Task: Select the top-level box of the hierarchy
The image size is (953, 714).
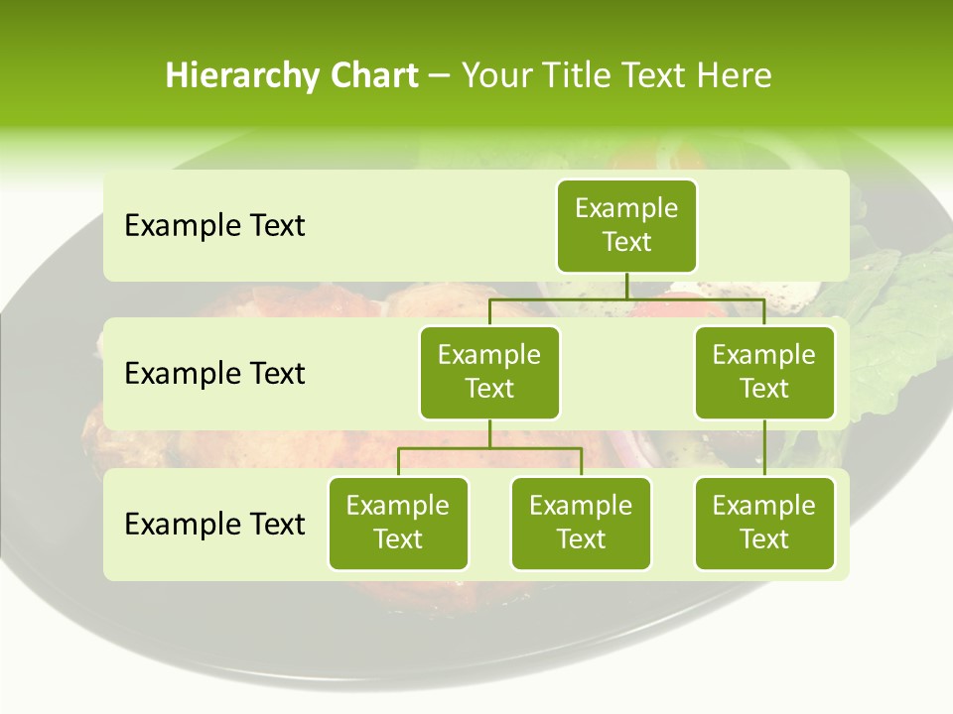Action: click(x=626, y=225)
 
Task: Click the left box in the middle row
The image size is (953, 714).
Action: click(x=489, y=372)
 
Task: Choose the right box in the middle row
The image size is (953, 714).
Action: click(x=764, y=372)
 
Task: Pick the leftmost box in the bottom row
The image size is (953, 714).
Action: click(x=398, y=523)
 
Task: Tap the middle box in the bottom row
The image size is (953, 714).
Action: click(x=581, y=523)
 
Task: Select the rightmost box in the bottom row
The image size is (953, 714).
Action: click(x=764, y=523)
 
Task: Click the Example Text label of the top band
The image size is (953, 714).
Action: click(x=214, y=226)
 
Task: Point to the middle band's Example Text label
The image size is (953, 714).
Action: click(x=214, y=374)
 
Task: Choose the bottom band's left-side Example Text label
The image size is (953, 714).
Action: click(x=214, y=525)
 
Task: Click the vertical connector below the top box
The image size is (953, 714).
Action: click(x=626, y=286)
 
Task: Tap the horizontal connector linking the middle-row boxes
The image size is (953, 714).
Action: click(x=626, y=298)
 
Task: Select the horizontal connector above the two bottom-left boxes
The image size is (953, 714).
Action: click(x=489, y=448)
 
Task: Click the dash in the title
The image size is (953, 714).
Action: click(x=440, y=76)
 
